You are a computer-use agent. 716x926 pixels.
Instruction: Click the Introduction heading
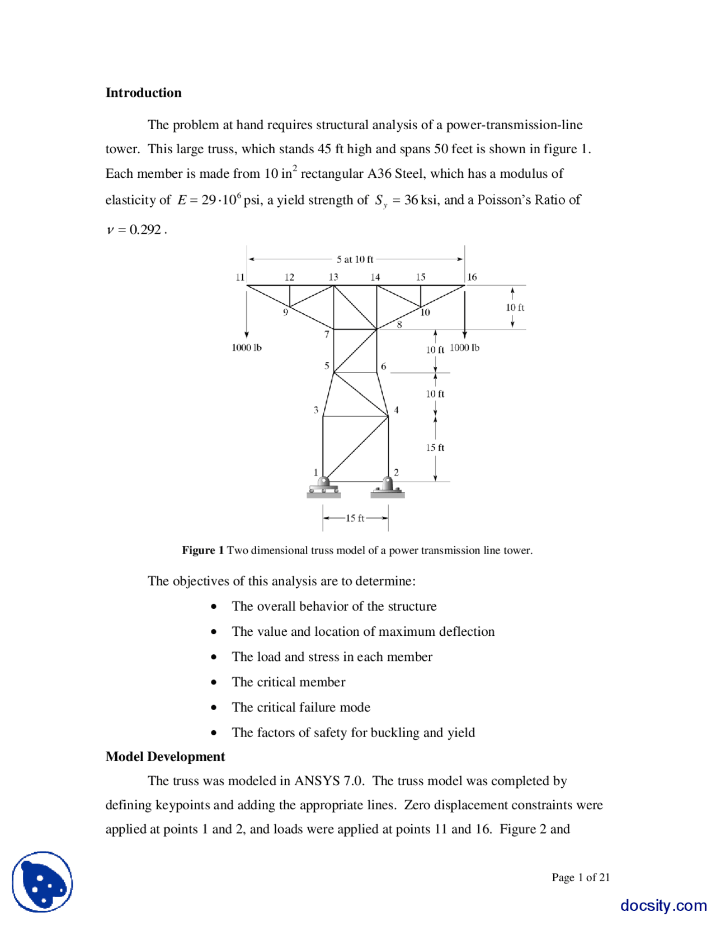[x=143, y=93]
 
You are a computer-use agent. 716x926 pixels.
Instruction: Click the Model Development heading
[x=165, y=757]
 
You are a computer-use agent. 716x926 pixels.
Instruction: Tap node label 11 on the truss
[x=240, y=277]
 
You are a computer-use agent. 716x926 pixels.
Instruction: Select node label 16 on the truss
[x=472, y=277]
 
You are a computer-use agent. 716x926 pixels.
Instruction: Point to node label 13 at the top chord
[x=333, y=277]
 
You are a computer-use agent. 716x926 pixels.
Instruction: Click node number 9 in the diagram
[x=285, y=312]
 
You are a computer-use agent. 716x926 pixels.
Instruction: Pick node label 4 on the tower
[x=396, y=410]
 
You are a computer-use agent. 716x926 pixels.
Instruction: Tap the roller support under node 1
[x=323, y=488]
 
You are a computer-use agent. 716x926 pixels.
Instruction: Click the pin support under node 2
[x=387, y=488]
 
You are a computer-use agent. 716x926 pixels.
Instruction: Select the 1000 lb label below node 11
[x=247, y=348]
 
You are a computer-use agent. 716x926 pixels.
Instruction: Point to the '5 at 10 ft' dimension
[x=355, y=259]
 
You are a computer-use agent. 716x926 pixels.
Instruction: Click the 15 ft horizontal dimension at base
[x=355, y=518]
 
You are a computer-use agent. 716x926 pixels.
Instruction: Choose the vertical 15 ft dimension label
[x=435, y=447]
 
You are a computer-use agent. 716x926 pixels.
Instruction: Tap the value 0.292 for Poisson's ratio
[x=145, y=230]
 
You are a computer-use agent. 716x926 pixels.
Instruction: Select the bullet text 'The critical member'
[x=289, y=682]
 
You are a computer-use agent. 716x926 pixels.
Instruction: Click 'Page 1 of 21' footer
[x=581, y=877]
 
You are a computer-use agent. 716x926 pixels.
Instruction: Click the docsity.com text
[x=663, y=905]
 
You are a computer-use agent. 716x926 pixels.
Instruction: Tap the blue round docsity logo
[x=43, y=882]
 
